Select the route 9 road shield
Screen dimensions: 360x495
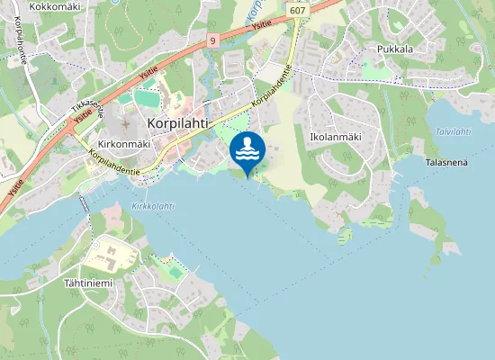tap(212, 40)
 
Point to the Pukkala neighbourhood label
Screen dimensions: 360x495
tap(395, 49)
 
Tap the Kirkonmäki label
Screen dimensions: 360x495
tap(123, 143)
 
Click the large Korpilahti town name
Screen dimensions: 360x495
tap(184, 125)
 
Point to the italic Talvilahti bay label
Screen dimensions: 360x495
tap(453, 131)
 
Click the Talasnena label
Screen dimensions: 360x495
tap(446, 162)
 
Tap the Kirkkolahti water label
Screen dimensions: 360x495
tap(152, 206)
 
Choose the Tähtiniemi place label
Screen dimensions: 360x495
tap(87, 283)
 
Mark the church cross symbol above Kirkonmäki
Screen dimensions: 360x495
tap(126, 122)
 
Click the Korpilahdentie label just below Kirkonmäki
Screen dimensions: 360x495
tap(114, 163)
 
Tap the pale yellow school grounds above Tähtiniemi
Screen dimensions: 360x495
tap(110, 256)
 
